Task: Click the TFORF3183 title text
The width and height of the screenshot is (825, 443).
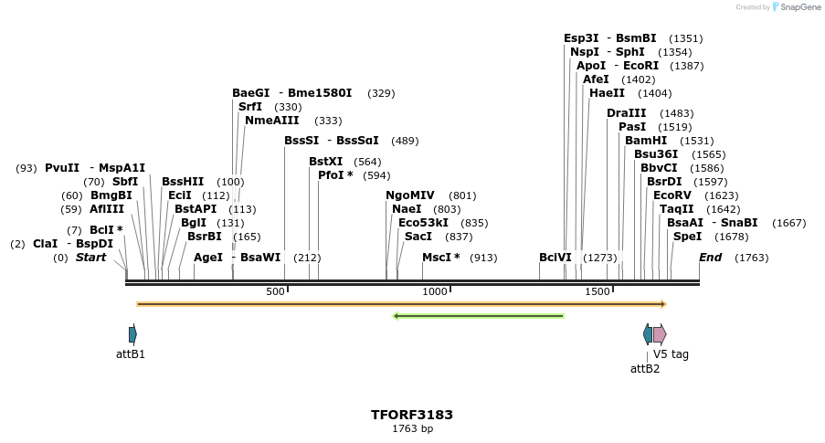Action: coord(411,415)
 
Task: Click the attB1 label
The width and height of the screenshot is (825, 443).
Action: coord(131,353)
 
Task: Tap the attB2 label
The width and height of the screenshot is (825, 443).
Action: coord(645,369)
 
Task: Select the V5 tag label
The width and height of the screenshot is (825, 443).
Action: coord(671,353)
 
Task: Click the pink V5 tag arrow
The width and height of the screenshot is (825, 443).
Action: coord(660,333)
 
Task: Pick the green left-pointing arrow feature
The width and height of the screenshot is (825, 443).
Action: coord(478,316)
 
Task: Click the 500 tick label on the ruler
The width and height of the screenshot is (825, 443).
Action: coord(275,291)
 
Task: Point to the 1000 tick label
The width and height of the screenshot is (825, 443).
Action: coord(435,291)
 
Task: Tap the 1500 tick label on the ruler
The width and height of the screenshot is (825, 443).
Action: coord(598,291)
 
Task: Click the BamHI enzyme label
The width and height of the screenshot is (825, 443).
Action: coord(646,141)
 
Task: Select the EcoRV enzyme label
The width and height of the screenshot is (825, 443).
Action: coord(672,195)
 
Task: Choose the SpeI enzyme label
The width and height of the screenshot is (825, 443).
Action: coord(687,237)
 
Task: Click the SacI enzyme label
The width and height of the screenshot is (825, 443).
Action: coord(418,237)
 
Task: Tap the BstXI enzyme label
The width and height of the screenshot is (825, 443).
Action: coord(325,162)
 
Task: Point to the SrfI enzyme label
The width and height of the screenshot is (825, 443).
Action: coord(250,107)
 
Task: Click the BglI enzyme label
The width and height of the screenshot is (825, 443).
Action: coord(194,223)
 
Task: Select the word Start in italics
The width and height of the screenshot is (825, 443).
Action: coord(90,258)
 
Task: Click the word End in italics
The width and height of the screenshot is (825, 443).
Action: coord(710,258)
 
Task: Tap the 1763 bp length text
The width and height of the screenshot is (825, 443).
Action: coord(412,428)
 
